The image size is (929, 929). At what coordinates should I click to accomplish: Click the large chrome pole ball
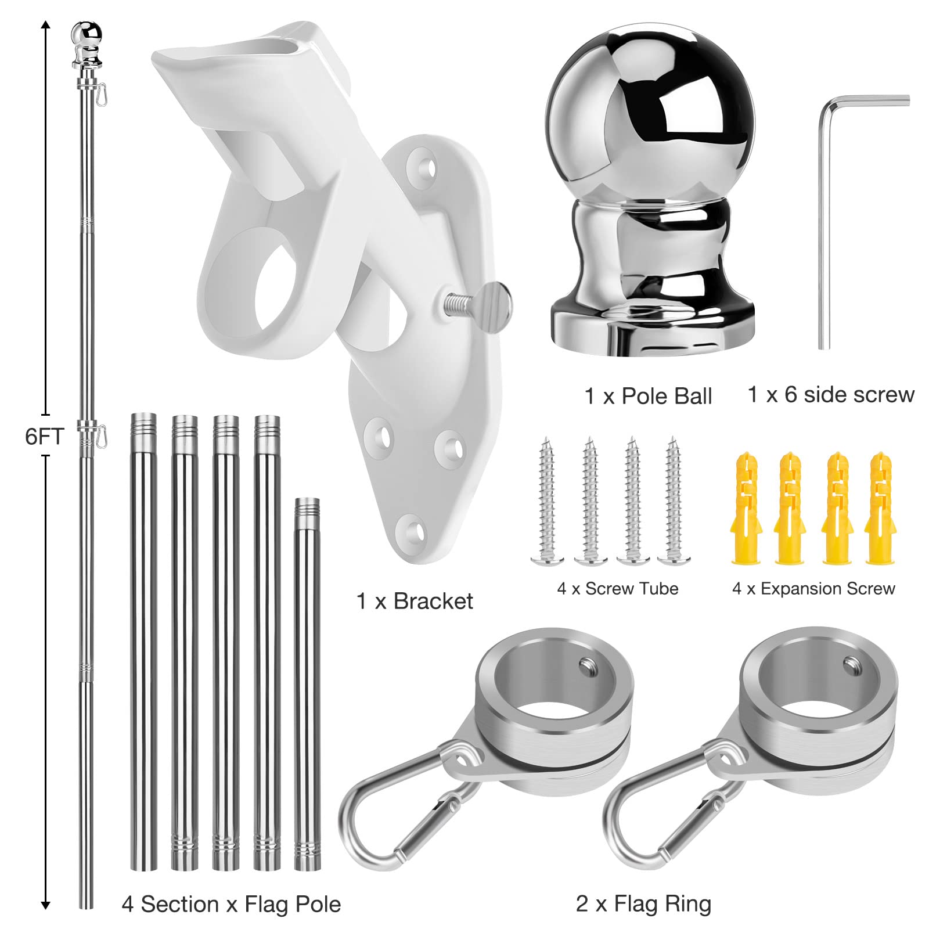pyautogui.click(x=650, y=192)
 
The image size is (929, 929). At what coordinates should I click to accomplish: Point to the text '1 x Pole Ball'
pyautogui.click(x=648, y=397)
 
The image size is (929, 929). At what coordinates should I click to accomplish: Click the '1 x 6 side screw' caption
pyautogui.click(x=831, y=395)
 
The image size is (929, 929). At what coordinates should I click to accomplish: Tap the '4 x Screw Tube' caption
pyautogui.click(x=618, y=589)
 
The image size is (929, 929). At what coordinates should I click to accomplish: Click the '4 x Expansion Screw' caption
pyautogui.click(x=813, y=589)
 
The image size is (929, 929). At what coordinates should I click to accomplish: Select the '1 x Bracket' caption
pyautogui.click(x=415, y=602)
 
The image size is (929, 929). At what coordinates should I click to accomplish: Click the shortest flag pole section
pyautogui.click(x=307, y=685)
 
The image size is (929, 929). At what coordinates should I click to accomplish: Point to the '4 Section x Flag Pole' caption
pyautogui.click(x=231, y=905)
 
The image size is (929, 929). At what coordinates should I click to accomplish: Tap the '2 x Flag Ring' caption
pyautogui.click(x=643, y=904)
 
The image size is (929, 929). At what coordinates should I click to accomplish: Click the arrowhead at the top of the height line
pyautogui.click(x=46, y=24)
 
